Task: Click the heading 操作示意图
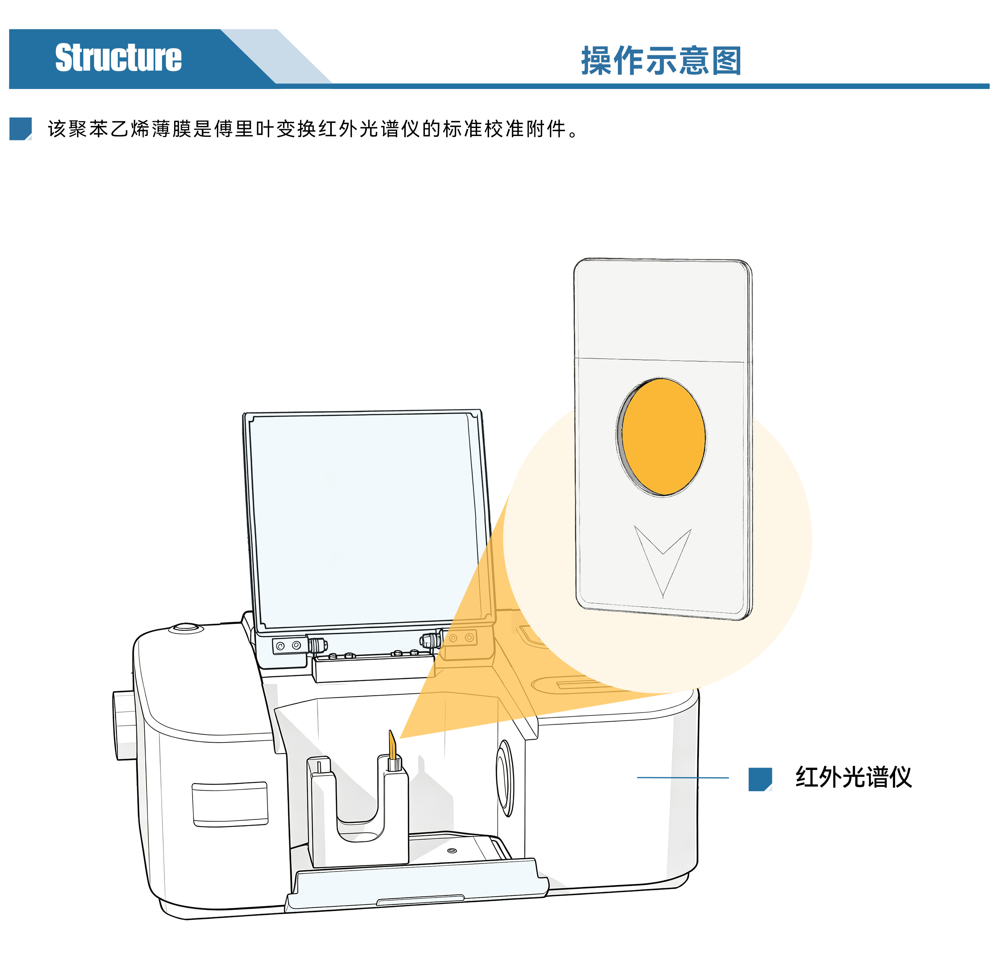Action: [x=661, y=61]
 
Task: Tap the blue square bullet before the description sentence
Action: [x=20, y=128]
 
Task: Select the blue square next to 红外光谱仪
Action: [x=760, y=779]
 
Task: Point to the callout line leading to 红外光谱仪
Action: [x=683, y=778]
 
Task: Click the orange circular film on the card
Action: [x=663, y=437]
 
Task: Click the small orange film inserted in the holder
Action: [x=392, y=745]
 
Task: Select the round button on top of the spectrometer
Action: [x=186, y=628]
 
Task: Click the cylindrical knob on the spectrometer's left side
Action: [x=124, y=725]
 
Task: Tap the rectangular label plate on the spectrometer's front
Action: [x=230, y=804]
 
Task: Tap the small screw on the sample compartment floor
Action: [x=452, y=851]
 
